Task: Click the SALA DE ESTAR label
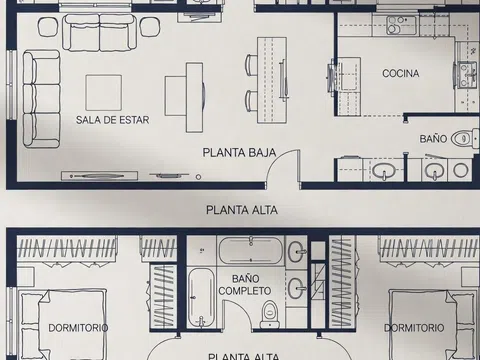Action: (112, 120)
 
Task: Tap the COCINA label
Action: (401, 73)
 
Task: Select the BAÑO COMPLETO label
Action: (245, 285)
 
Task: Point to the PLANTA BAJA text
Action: (239, 153)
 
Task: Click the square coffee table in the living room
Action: (104, 93)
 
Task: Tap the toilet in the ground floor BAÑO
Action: (464, 138)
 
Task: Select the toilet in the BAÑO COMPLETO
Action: (269, 314)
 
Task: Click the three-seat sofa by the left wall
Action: (41, 99)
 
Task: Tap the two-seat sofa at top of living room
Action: (100, 33)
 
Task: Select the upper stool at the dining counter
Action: (251, 65)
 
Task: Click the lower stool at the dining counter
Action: (251, 101)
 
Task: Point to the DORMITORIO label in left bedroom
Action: (78, 328)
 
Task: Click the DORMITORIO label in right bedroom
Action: (414, 328)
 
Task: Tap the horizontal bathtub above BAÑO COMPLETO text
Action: (251, 250)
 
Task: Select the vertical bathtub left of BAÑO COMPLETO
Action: (200, 298)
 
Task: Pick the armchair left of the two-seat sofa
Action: (48, 27)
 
